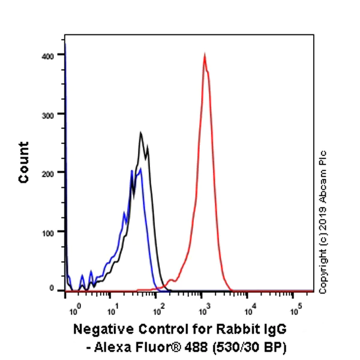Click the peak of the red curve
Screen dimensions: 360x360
205,55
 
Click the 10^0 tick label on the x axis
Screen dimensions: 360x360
74,311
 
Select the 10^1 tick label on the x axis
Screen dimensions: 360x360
112,311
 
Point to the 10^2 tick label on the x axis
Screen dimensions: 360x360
158,311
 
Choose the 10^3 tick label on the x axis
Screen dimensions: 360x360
204,311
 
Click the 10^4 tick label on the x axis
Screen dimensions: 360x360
250,311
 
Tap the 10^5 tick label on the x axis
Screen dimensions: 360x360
295,311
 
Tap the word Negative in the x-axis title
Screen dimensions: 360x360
100,329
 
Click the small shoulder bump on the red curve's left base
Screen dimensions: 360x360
172,280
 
